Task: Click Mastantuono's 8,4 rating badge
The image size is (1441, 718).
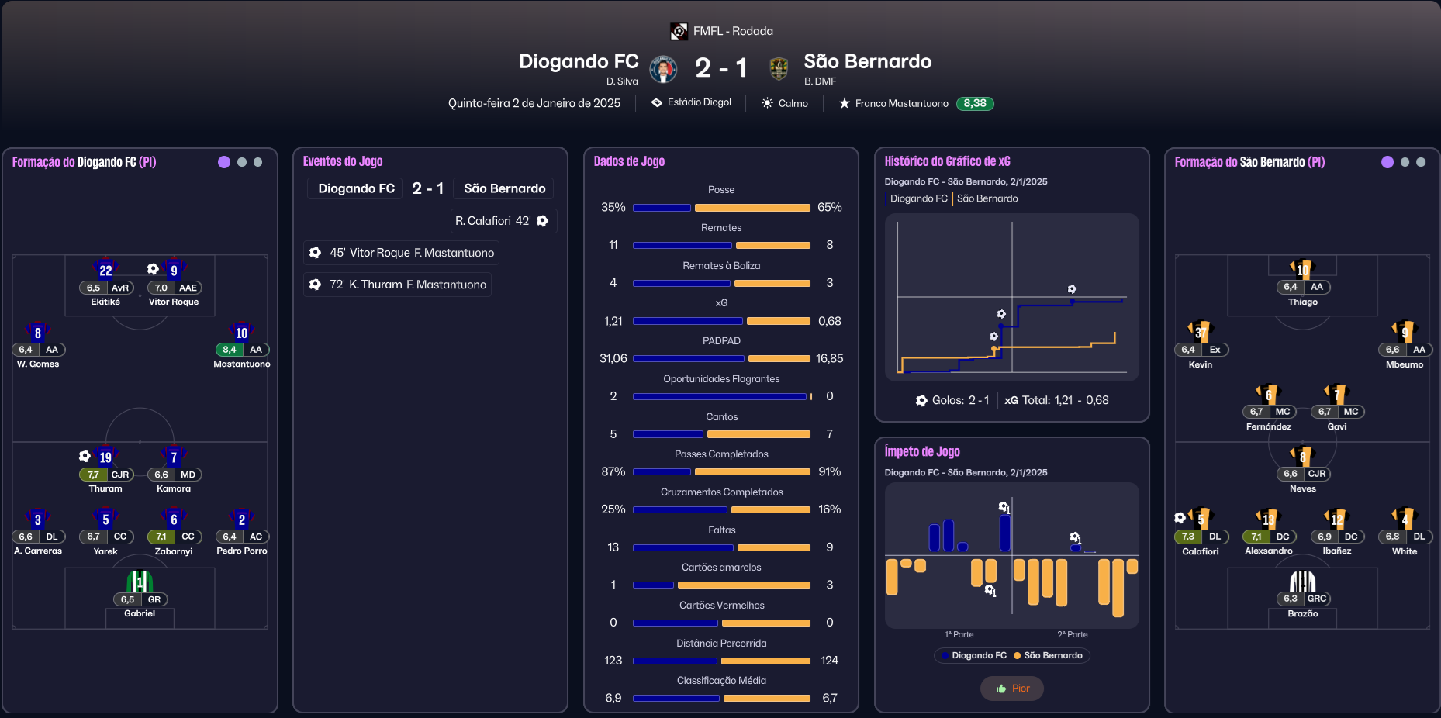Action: tap(229, 350)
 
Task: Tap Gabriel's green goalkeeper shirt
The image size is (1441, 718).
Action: tap(140, 581)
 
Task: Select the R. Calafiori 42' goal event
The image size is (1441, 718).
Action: tap(503, 221)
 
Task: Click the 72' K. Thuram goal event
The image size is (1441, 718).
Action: tap(397, 285)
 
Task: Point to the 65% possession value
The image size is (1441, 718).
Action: tap(829, 207)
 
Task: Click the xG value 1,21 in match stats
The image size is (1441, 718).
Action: tap(613, 321)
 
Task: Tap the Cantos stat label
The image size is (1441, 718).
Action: tap(721, 417)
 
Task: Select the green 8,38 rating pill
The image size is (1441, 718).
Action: tap(975, 103)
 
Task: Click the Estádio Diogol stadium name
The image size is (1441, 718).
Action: tap(699, 102)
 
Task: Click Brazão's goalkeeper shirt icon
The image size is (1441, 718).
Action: tap(1303, 581)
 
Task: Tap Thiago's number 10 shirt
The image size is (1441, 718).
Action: tap(1303, 269)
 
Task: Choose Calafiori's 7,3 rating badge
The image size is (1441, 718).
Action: tap(1187, 537)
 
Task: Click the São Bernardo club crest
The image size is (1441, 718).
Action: tap(779, 69)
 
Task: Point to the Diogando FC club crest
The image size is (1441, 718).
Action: tap(663, 69)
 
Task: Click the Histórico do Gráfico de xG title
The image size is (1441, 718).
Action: tap(947, 161)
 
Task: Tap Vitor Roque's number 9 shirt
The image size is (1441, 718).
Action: tap(174, 269)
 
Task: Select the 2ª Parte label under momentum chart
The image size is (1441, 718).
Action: tap(1072, 634)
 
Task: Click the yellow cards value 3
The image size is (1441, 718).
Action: tap(829, 585)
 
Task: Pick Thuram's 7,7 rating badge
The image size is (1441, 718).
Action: tap(93, 475)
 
